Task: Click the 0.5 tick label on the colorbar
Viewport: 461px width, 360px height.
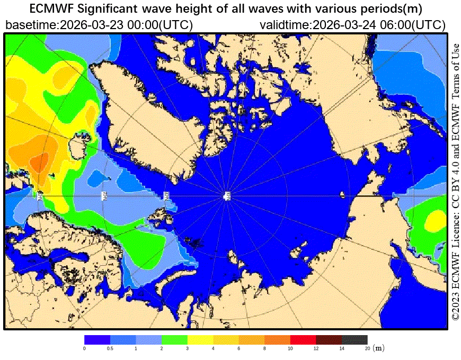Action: click(x=110, y=348)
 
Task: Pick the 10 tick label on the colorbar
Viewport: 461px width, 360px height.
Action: click(x=290, y=348)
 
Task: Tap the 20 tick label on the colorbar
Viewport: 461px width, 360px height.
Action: click(x=367, y=348)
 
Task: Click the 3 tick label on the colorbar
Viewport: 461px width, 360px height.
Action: click(x=188, y=348)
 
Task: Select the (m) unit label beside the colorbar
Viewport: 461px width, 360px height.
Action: click(x=378, y=348)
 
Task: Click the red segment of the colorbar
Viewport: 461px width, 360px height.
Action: click(x=303, y=339)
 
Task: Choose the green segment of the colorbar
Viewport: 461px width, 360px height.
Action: click(x=174, y=339)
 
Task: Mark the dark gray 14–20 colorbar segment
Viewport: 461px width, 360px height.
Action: click(x=354, y=339)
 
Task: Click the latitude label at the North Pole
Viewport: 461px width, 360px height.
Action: click(x=227, y=196)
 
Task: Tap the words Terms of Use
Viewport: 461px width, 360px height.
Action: click(x=455, y=69)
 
